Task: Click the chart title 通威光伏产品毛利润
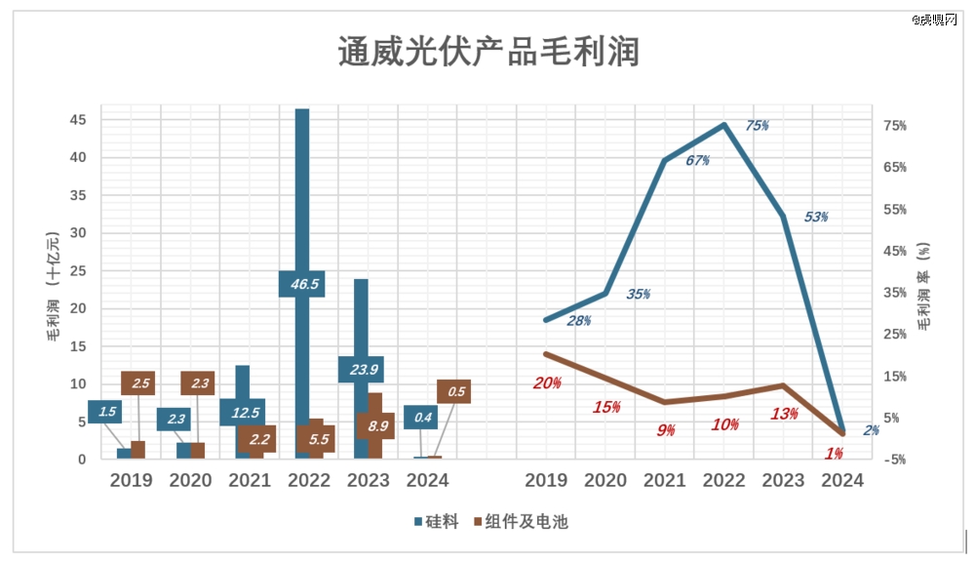(487, 51)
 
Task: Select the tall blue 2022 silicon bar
(302, 195)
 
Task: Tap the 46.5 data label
(301, 284)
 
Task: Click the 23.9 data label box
(361, 369)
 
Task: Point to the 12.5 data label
(242, 412)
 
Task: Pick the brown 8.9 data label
(374, 426)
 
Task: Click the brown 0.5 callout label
(454, 392)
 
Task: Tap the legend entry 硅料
(436, 522)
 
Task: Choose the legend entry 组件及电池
(526, 522)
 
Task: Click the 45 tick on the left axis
(77, 120)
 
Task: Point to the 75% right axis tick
(922, 126)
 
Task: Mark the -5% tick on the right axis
(922, 460)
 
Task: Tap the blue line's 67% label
(697, 160)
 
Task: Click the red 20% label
(547, 382)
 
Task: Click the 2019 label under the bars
(131, 480)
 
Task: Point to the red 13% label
(785, 414)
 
